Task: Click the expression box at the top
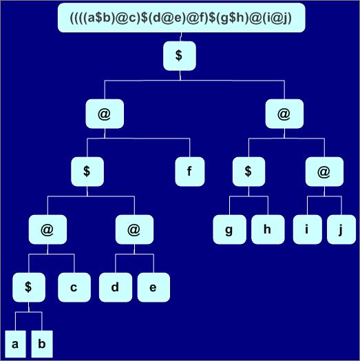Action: pos(182,17)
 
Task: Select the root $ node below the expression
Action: pos(180,56)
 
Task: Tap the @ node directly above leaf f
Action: pos(105,114)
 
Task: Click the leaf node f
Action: pos(190,172)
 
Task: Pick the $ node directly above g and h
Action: pos(248,172)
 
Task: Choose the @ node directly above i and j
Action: pos(324,172)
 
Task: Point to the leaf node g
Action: pos(229,229)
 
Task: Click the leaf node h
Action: pos(268,229)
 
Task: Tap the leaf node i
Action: pos(307,229)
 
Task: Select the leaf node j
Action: pos(341,229)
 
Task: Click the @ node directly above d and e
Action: pos(134,229)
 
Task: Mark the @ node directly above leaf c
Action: pos(47,229)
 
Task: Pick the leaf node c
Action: pos(74,287)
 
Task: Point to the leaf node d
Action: pos(116,287)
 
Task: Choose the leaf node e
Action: pos(153,287)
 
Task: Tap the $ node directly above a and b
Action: pos(29,287)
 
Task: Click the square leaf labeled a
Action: pos(15,344)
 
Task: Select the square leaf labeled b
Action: pos(42,344)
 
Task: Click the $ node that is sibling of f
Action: pos(87,172)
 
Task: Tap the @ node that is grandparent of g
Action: pos(284,114)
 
